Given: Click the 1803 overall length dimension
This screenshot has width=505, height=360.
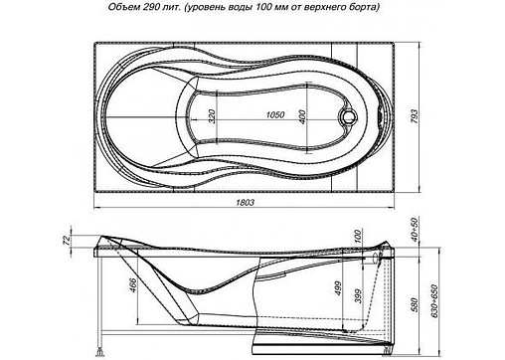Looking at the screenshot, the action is pos(246,202).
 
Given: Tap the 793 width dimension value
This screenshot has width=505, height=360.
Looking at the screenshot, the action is pos(415,116).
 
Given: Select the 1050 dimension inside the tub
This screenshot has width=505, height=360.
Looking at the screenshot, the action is pos(275,114).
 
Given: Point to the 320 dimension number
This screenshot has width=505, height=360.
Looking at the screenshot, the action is pos(212,116).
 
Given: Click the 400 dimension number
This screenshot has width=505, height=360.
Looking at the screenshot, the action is pos(302,116).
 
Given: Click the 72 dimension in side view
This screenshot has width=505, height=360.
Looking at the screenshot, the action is pos(67,240).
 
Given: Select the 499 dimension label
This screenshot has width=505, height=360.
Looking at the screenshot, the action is pos(338,288).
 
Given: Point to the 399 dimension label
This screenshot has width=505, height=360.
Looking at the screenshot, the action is pos(359,296).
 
